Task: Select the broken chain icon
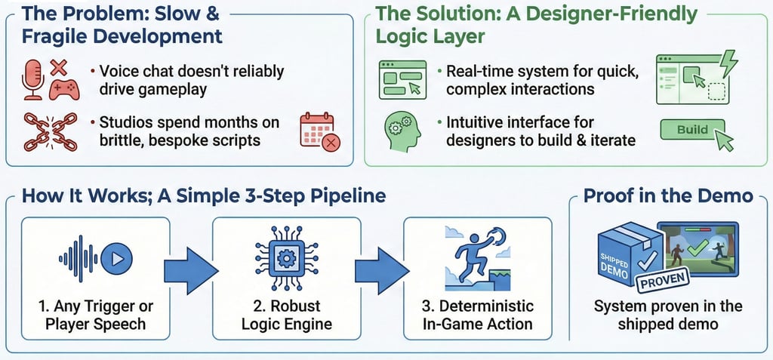tap(51, 131)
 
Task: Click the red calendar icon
tap(320, 132)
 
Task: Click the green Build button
tap(692, 131)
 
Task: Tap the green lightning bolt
tap(728, 64)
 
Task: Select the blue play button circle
tap(116, 258)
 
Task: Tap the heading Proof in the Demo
tap(669, 195)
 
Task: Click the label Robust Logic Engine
tap(286, 315)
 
